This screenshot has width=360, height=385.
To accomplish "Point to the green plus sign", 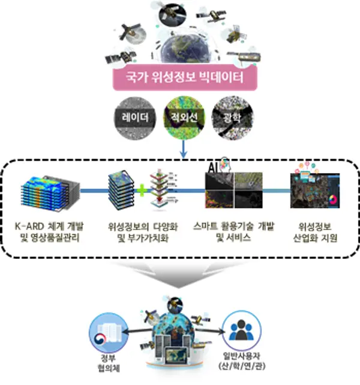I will (x=142, y=190).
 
